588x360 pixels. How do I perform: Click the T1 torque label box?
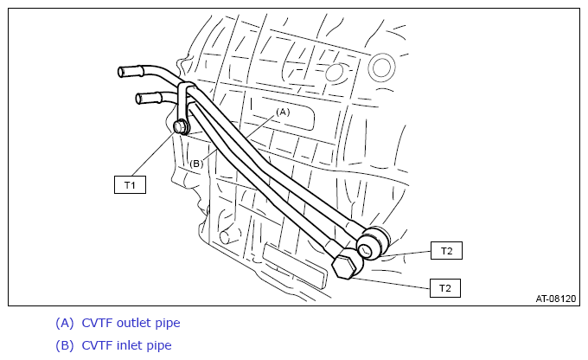click(130, 184)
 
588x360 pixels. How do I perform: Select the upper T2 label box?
click(446, 250)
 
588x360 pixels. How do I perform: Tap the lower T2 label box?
click(445, 288)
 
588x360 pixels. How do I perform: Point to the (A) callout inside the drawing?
click(283, 112)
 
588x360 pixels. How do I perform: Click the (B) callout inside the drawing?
click(196, 164)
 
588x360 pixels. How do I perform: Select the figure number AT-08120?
click(555, 299)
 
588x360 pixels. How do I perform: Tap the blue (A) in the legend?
click(65, 323)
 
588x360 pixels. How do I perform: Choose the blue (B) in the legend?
click(65, 346)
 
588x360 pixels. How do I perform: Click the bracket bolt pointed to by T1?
click(181, 126)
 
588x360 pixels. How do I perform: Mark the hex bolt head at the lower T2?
click(344, 266)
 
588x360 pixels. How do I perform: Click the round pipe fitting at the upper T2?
click(371, 243)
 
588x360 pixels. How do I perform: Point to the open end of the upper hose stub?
click(121, 72)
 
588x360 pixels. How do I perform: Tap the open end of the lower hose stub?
click(138, 100)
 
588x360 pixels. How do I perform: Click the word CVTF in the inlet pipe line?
click(97, 345)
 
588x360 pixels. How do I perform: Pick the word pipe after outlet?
click(168, 324)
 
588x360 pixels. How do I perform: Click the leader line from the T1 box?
click(153, 154)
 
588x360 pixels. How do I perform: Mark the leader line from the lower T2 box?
click(390, 284)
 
